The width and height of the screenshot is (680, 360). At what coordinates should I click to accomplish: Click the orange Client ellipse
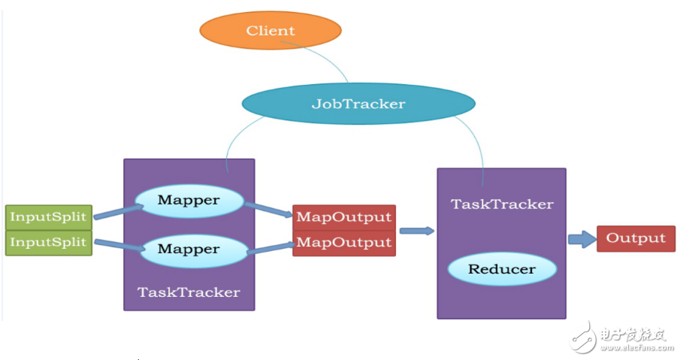click(x=270, y=31)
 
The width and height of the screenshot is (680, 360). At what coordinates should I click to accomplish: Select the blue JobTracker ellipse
click(x=358, y=104)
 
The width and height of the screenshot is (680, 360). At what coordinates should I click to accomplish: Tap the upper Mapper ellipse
click(x=189, y=201)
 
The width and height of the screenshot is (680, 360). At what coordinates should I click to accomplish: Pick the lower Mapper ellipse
click(x=189, y=249)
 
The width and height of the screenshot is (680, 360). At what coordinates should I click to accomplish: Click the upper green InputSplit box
click(x=49, y=217)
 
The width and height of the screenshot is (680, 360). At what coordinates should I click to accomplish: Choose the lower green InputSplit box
click(x=49, y=244)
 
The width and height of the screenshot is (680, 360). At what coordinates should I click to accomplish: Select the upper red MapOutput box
click(x=344, y=217)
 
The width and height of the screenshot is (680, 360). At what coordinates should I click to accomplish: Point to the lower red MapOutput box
click(x=344, y=243)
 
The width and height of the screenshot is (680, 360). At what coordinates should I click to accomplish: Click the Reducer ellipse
click(x=502, y=269)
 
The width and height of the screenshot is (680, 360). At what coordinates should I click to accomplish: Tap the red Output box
click(x=636, y=238)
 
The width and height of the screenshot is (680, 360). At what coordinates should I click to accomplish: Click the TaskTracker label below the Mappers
click(x=189, y=292)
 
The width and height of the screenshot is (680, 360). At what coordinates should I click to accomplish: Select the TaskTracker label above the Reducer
click(x=502, y=204)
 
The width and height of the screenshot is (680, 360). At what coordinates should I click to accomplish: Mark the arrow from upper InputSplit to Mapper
click(x=116, y=210)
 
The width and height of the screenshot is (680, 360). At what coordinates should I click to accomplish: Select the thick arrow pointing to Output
click(x=581, y=239)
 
